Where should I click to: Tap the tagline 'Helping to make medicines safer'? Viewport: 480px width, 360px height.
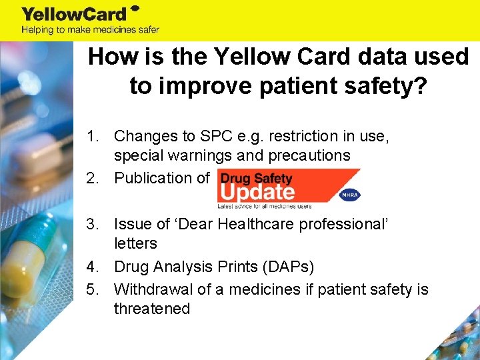click(x=90, y=29)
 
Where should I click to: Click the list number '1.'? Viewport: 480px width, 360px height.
click(x=95, y=136)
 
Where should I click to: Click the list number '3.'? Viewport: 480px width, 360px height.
click(x=95, y=223)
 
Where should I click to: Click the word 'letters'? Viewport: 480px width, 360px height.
click(x=135, y=243)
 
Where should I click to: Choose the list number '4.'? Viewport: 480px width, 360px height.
click(x=95, y=267)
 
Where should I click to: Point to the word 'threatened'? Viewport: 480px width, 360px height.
click(x=152, y=309)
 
